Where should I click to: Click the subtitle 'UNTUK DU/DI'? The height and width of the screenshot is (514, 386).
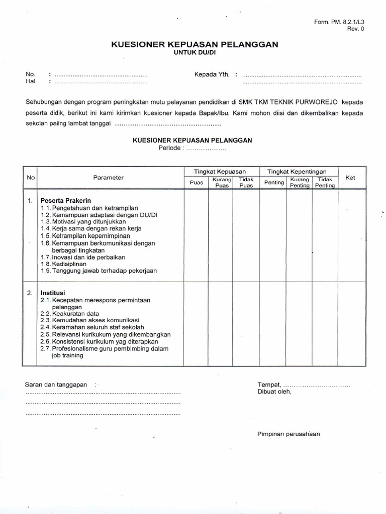pos(194,53)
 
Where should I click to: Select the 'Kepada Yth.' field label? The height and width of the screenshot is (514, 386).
pos(212,74)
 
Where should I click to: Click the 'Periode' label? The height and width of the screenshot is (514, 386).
pos(171,149)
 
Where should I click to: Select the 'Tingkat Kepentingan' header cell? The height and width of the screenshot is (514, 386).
pos(299,172)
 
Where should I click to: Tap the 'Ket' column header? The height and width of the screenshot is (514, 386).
pos(350,177)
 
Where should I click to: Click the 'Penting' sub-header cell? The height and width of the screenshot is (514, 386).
pos(274,183)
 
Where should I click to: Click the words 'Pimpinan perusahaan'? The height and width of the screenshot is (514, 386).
pos(288,434)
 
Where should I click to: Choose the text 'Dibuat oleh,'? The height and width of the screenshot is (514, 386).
pos(274,392)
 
